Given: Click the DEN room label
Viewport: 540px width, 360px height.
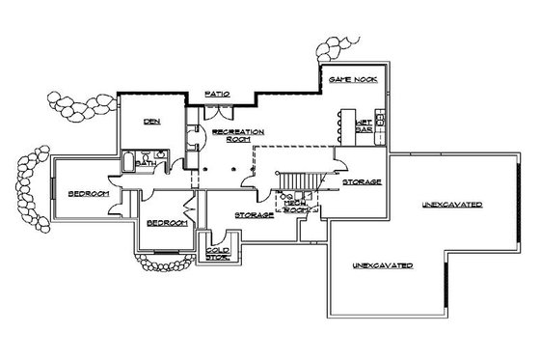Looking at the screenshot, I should coord(150,121).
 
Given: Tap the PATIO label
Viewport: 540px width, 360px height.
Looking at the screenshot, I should coord(217,94).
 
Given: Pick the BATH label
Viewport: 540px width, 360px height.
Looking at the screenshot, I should coord(146,164).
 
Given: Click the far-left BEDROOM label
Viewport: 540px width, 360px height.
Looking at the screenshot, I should coord(85,194).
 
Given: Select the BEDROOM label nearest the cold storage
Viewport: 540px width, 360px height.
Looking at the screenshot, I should coord(166,222).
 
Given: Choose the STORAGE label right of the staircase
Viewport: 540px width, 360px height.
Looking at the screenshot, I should coord(363,181).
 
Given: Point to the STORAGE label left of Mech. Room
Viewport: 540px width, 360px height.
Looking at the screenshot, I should coord(255,214).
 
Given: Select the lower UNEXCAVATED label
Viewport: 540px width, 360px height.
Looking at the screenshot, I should coord(382,264).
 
